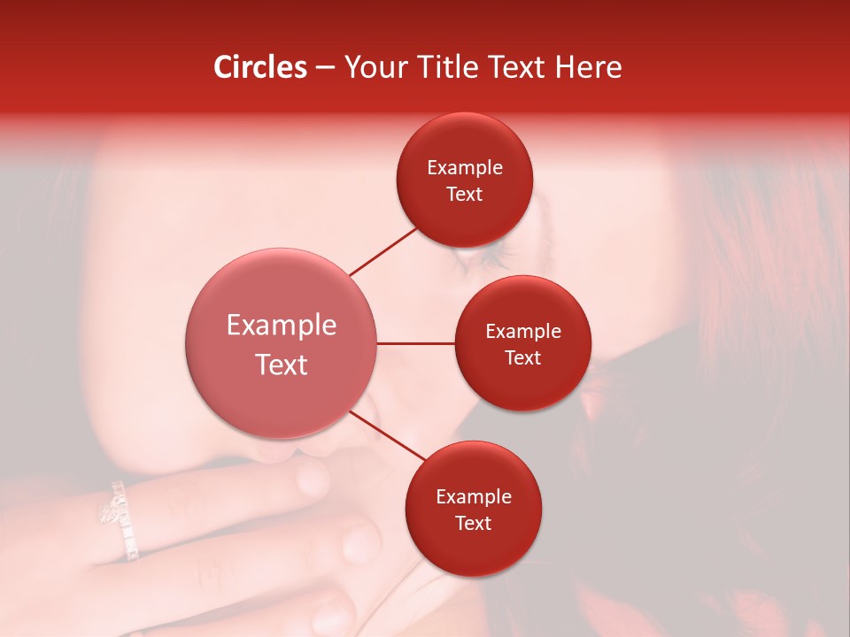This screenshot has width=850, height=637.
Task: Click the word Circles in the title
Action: [260, 67]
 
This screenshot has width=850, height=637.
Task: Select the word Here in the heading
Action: [588, 67]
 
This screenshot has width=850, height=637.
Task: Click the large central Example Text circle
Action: [281, 344]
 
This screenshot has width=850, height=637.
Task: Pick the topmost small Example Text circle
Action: [465, 180]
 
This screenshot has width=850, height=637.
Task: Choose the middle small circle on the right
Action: [523, 343]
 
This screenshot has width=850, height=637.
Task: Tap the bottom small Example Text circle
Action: [474, 509]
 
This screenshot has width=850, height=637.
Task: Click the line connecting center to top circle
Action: [383, 251]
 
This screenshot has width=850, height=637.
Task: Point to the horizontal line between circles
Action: [415, 343]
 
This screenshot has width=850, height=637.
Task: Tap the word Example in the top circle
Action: [465, 168]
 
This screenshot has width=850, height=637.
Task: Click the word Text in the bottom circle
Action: [474, 523]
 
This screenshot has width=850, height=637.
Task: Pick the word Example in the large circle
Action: [281, 326]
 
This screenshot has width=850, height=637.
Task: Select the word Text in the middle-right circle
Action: [523, 357]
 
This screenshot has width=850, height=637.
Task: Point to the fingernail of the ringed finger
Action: [313, 480]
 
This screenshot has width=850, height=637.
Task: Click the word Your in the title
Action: [374, 67]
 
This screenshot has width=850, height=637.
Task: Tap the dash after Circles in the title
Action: [325, 67]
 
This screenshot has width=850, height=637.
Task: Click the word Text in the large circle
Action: [281, 365]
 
